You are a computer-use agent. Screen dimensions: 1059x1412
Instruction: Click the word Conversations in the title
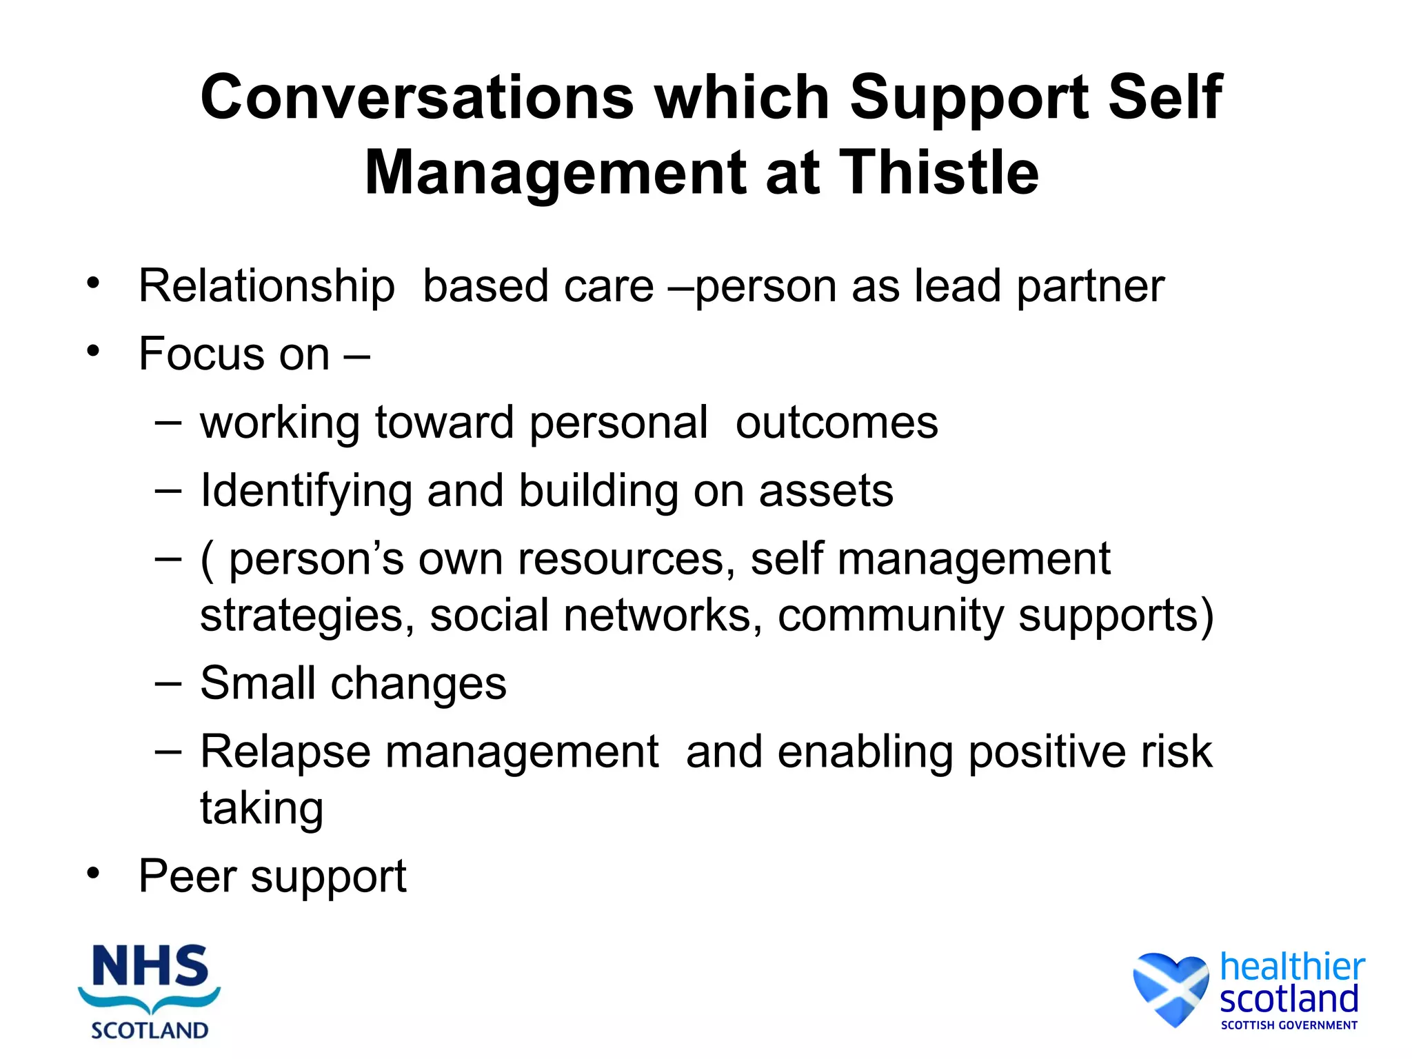pyautogui.click(x=416, y=97)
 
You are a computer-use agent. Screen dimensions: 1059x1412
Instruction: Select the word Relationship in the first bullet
pyautogui.click(x=267, y=286)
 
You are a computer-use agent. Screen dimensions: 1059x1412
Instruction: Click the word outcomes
pyautogui.click(x=836, y=423)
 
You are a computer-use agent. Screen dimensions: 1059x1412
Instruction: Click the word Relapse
pyautogui.click(x=285, y=752)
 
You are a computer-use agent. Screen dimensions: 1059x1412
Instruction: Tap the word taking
pyautogui.click(x=261, y=809)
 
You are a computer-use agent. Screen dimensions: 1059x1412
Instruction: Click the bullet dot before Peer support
pyautogui.click(x=93, y=874)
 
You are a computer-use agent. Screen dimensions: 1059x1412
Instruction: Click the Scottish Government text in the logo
pyautogui.click(x=1289, y=1025)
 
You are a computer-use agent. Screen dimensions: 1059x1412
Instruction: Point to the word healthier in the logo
pyautogui.click(x=1291, y=967)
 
